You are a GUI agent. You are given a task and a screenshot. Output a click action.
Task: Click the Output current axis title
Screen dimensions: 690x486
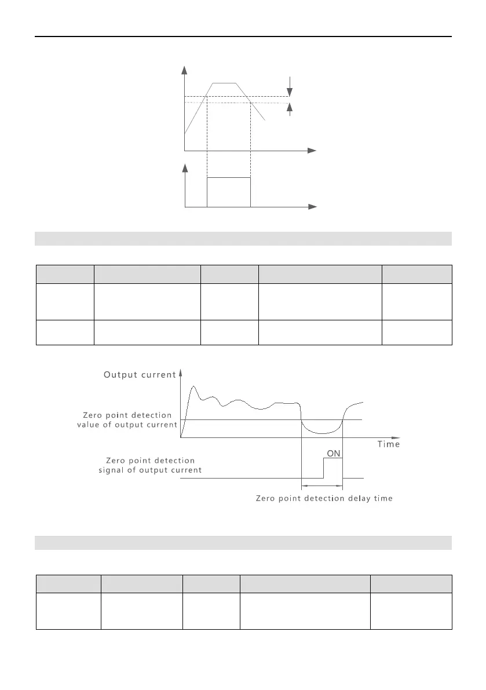pos(139,375)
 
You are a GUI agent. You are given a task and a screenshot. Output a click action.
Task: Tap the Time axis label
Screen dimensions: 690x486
pos(388,444)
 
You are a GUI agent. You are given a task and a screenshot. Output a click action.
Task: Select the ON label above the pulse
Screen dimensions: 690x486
pos(334,454)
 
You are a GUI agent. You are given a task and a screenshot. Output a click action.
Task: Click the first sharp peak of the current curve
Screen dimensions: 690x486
pos(193,386)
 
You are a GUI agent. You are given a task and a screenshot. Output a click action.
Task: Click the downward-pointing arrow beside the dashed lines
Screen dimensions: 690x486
pos(290,91)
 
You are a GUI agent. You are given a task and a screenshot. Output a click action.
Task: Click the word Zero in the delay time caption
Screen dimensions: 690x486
pos(266,499)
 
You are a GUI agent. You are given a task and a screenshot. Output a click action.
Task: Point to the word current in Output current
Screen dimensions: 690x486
pos(157,375)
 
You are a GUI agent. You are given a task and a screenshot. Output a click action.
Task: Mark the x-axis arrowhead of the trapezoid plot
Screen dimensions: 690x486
pos(312,150)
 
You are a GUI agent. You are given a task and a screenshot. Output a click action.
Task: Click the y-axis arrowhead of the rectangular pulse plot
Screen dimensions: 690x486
pos(185,168)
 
